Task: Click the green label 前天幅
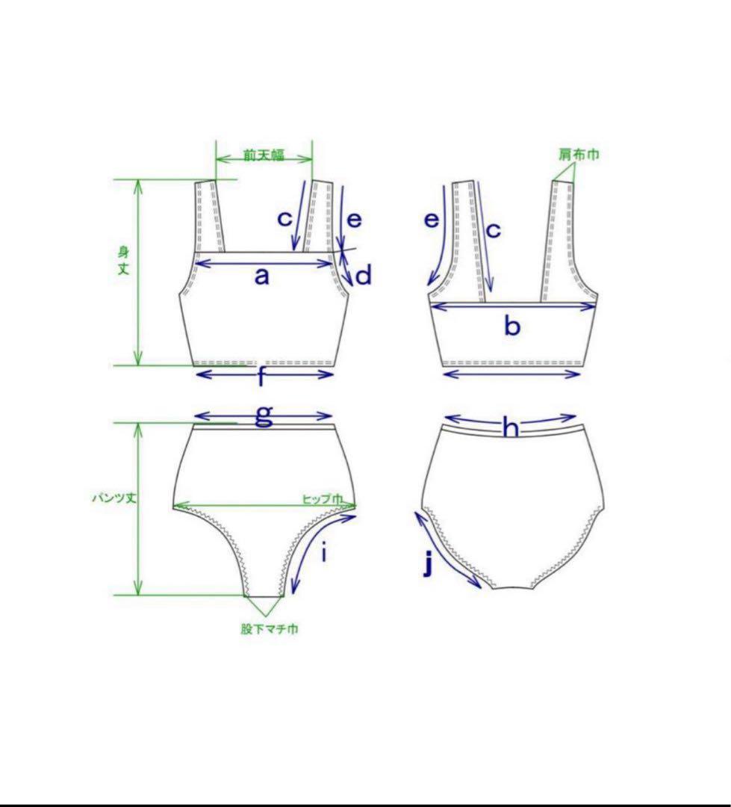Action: tap(264, 155)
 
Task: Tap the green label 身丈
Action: tap(123, 261)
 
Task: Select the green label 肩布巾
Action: tap(579, 154)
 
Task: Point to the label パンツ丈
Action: tap(114, 498)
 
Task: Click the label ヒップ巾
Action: tap(322, 498)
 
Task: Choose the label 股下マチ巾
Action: tap(270, 628)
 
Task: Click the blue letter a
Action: tap(262, 276)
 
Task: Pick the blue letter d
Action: tap(363, 275)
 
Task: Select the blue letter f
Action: tap(262, 377)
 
